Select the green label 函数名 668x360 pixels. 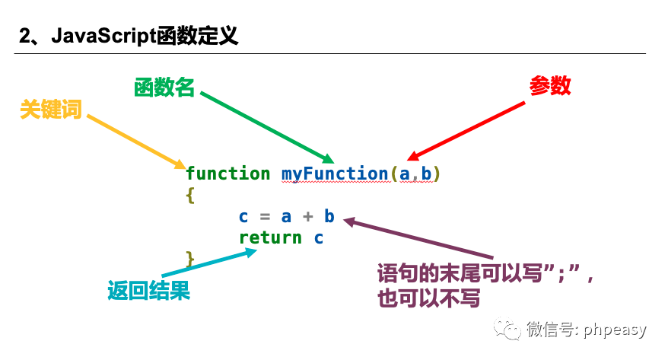coord(164,88)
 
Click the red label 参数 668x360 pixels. coord(550,85)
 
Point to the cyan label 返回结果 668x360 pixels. coord(148,290)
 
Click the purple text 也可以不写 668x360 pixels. coord(428,298)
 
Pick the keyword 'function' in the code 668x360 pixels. coord(227,174)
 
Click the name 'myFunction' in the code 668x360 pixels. coord(335,174)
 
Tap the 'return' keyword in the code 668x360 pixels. coord(270,237)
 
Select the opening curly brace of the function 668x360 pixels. coord(190,195)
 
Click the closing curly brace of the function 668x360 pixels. coord(190,259)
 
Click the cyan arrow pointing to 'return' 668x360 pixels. coord(210,263)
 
